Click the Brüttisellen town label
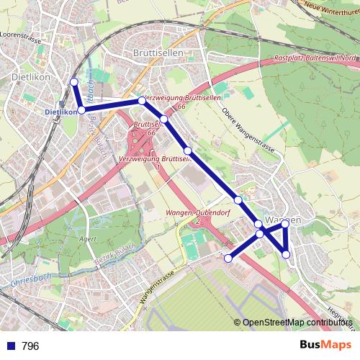pos(158,53)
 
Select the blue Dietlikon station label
pos(60,112)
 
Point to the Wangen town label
pos(282,219)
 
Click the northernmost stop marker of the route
pos(73,82)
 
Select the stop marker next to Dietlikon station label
pos(82,109)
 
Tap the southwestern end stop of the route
pos(228,258)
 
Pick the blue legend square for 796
pos(10,346)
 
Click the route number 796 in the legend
pos(30,346)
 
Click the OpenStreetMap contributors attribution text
pos(296,323)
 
